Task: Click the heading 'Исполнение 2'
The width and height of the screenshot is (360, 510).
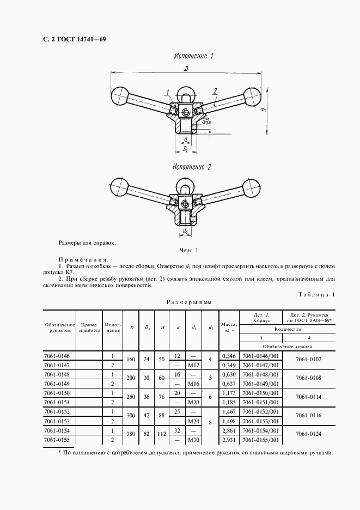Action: coord(191,167)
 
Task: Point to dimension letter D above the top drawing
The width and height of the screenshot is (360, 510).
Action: coord(186,68)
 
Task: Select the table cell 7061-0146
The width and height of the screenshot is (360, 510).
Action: coord(60,356)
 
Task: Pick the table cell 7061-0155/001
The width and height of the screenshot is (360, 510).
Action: coord(260,440)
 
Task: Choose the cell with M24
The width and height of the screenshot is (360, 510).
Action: coord(193,421)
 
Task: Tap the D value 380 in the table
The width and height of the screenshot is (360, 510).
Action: coord(131,435)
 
